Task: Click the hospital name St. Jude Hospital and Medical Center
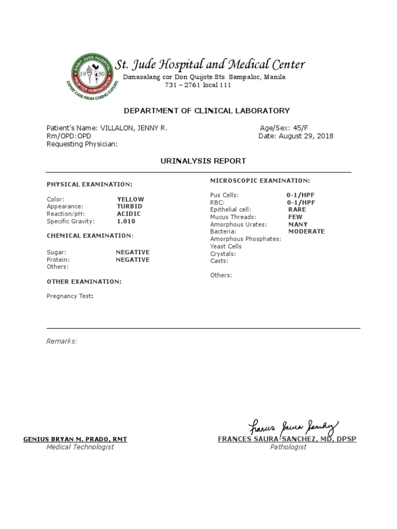(210, 65)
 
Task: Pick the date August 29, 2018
(306, 136)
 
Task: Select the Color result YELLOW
(130, 199)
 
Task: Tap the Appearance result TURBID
(129, 206)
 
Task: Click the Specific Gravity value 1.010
(126, 221)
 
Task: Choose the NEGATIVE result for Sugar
(133, 252)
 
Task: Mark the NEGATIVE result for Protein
(133, 260)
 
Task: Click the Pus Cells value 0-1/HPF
(300, 195)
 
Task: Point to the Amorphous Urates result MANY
(298, 225)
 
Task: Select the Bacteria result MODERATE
(307, 231)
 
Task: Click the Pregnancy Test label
(70, 296)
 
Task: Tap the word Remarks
(62, 341)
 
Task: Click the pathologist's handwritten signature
(294, 427)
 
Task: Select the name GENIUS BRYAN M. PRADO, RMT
(75, 439)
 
